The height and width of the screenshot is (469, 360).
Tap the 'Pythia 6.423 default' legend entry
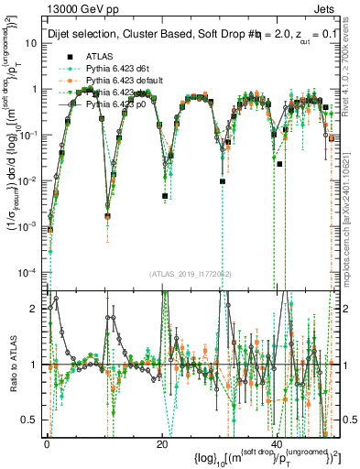[x=129, y=81]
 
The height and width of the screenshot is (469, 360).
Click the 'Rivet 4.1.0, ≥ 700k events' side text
[x=352, y=82]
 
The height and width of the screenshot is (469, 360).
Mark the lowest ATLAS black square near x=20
[x=165, y=196]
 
